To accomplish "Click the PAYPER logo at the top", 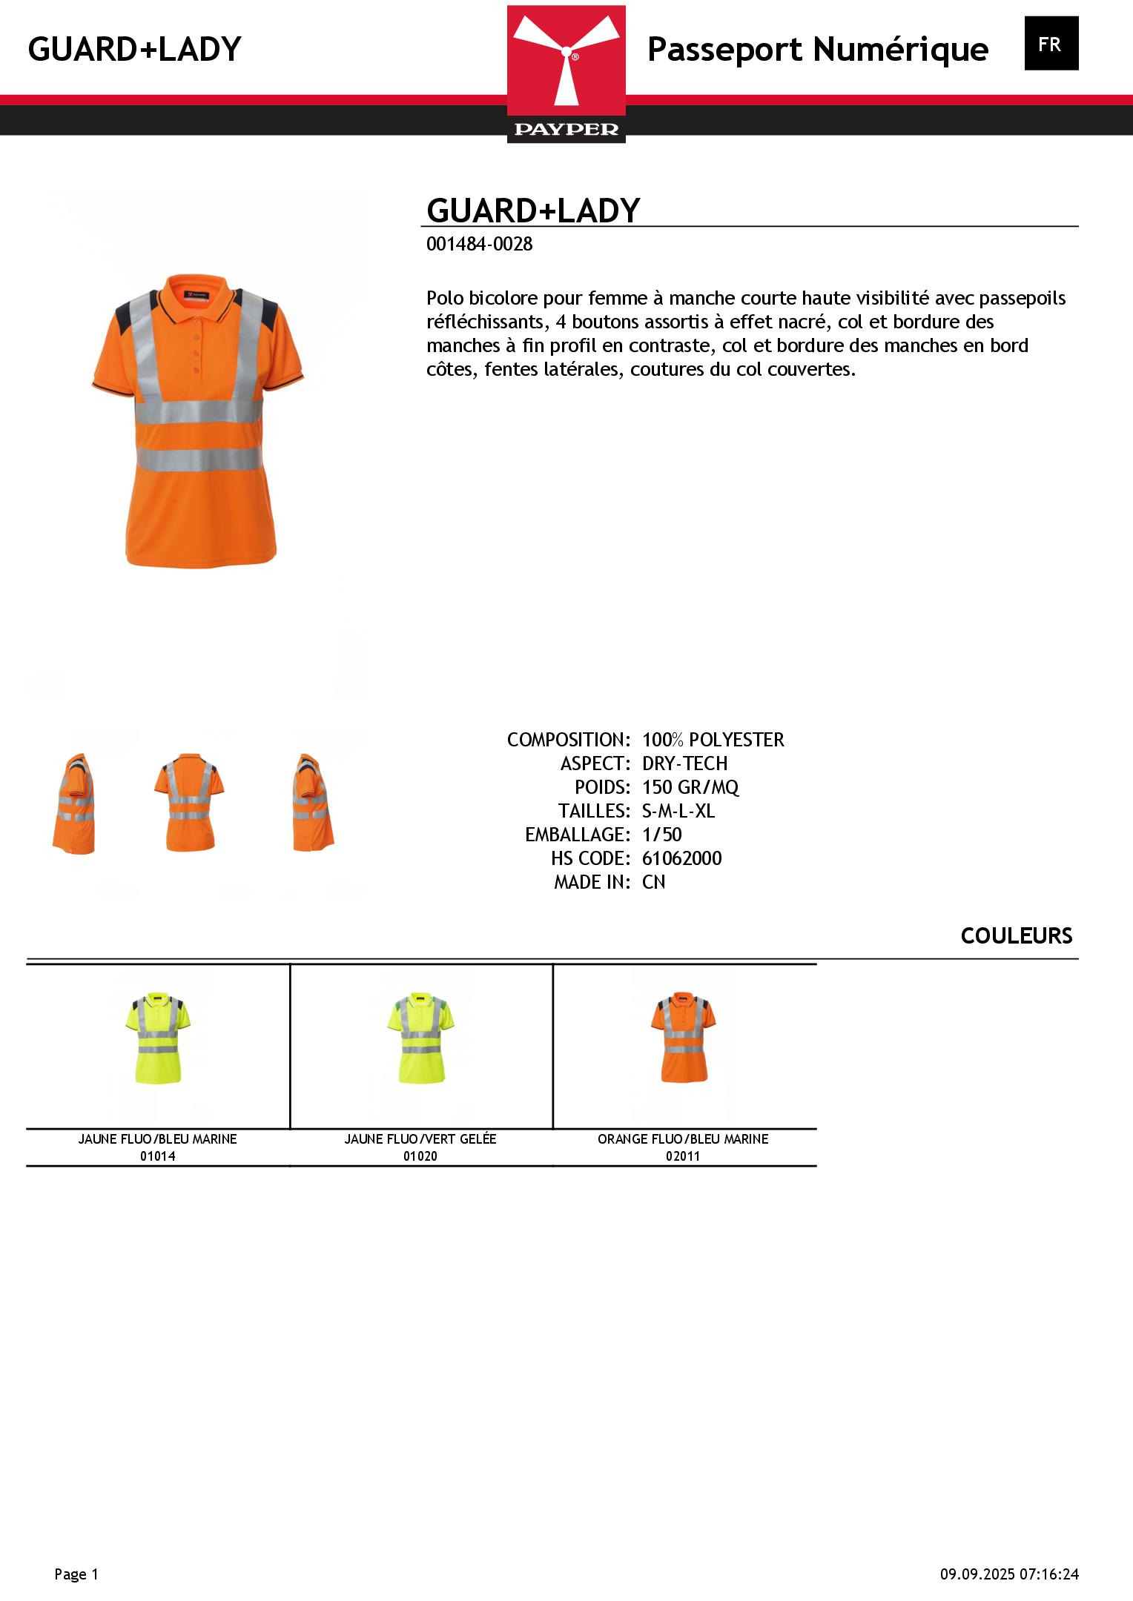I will pos(566,74).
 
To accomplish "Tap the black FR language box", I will pos(1051,44).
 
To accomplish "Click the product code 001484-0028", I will pos(479,245).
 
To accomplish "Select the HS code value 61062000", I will pos(681,858).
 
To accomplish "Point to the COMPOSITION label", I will pos(568,740).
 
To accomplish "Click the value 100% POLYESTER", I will pos(713,740).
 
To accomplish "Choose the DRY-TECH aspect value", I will pos(684,763).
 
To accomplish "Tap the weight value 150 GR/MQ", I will pos(690,787).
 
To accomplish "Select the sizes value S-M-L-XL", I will pos(678,811).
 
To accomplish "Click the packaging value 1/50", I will pos(661,835).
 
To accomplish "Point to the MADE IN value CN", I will pos(653,882).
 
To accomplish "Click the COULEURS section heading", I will pos(1016,936).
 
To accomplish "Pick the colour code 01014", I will pos(158,1156).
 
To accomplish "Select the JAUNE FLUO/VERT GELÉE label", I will pos(420,1139).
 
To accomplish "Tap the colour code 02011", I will pos(683,1156).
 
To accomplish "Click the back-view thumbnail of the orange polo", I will pos(188,802).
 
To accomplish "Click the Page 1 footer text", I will pos(76,1574).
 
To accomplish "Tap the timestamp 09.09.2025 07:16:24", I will pos(1009,1574).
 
